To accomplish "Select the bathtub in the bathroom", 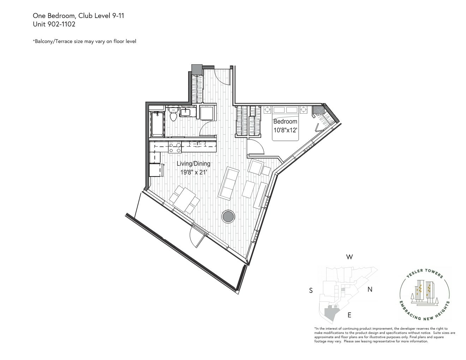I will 157,124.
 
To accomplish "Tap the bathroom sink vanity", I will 185,113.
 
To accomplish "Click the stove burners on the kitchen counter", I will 175,147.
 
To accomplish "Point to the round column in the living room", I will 228,216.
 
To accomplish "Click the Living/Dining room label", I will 193,164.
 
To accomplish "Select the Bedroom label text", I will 285,121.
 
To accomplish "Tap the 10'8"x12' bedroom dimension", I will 285,130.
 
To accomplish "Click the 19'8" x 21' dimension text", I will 193,172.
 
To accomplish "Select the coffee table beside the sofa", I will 249,189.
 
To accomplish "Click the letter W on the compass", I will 349,257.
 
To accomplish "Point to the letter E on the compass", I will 349,315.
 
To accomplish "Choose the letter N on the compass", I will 370,289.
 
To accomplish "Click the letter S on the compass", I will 311,290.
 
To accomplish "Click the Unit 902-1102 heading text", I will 54,24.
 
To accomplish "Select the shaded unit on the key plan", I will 330,313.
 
